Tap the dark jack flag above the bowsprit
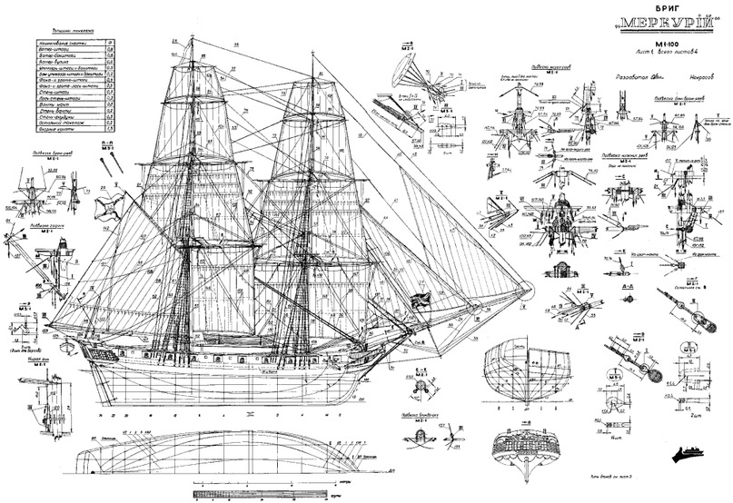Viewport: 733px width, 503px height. tap(421, 301)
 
